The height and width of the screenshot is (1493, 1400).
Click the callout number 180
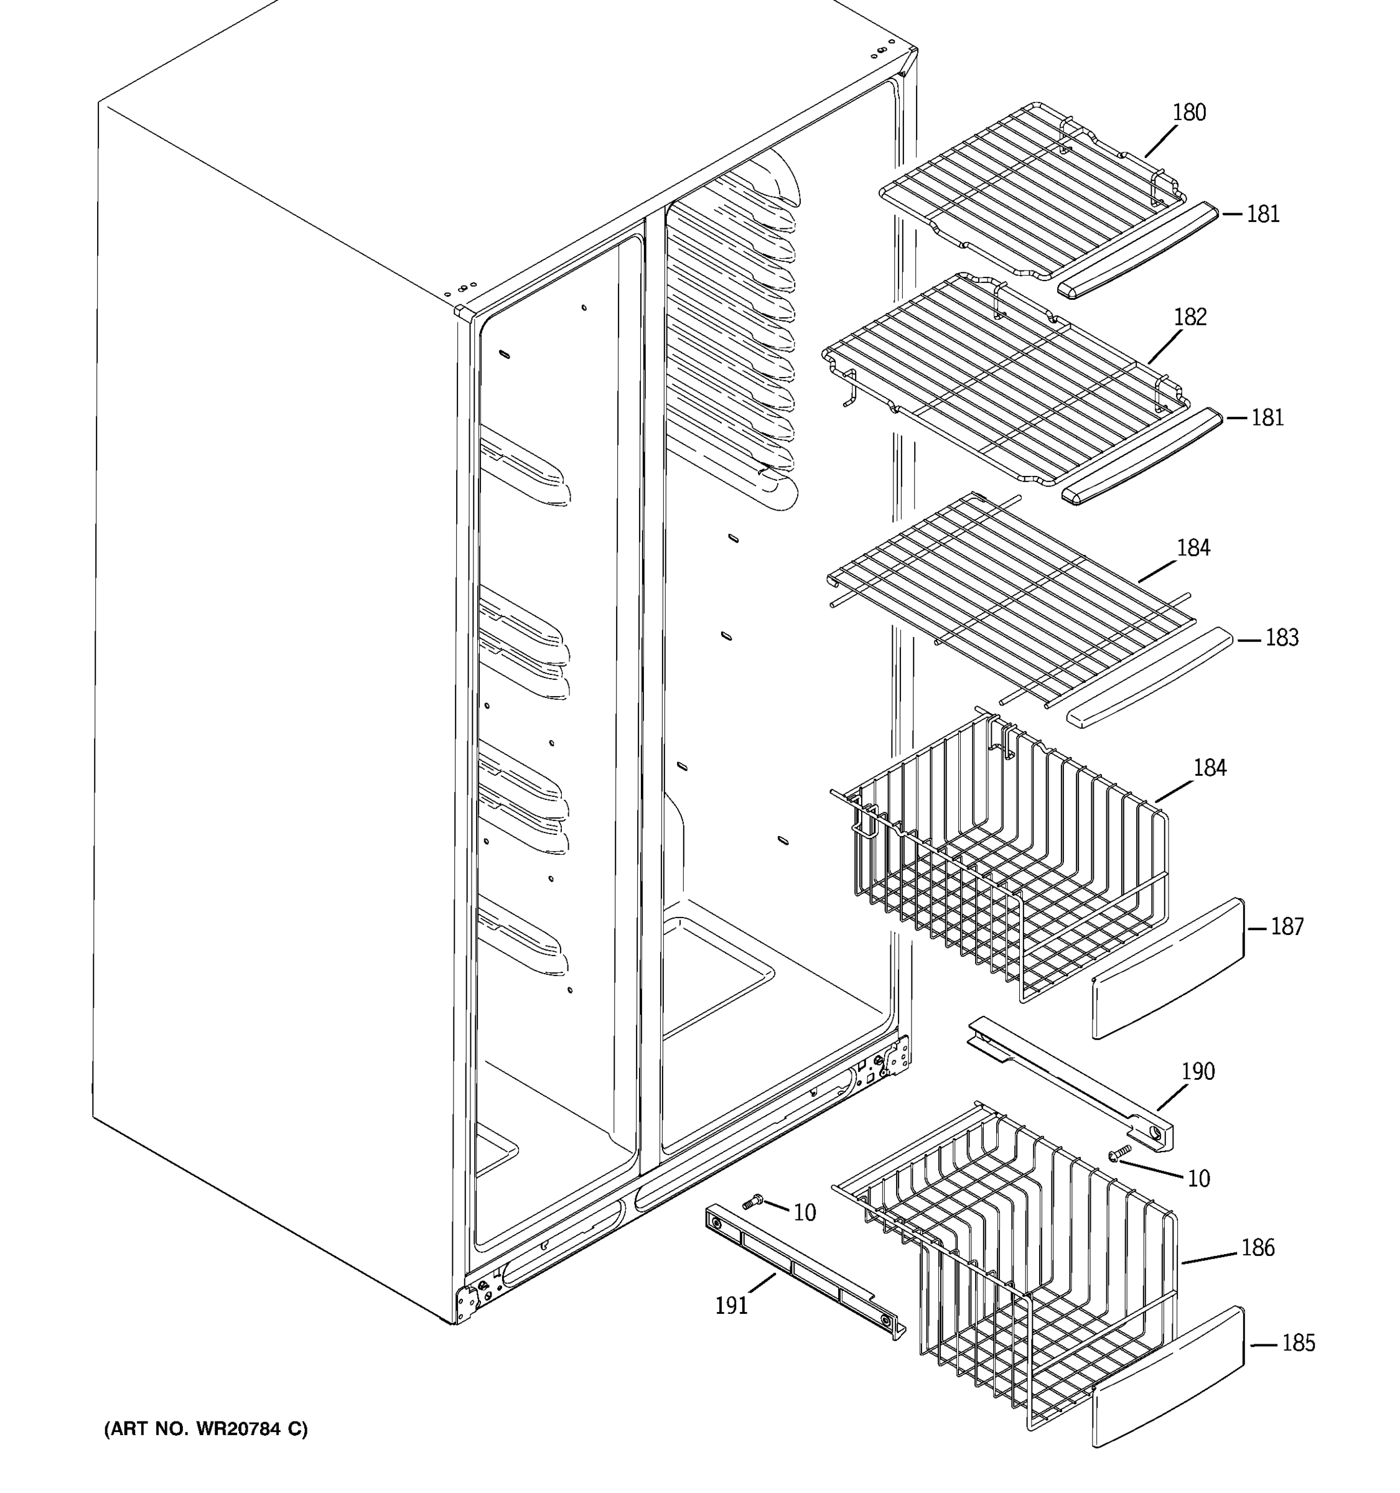pyautogui.click(x=1189, y=113)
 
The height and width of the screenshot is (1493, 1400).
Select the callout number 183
pyautogui.click(x=1281, y=638)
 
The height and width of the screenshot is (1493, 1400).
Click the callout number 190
pyautogui.click(x=1197, y=1072)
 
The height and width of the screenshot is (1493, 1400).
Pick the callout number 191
pyautogui.click(x=730, y=1306)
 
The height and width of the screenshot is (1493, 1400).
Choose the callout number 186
pyautogui.click(x=1258, y=1247)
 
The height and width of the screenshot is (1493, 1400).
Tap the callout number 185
pyautogui.click(x=1298, y=1343)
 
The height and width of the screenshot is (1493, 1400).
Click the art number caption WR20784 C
pyautogui.click(x=206, y=1428)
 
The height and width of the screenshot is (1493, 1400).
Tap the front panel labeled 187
pyautogui.click(x=1168, y=969)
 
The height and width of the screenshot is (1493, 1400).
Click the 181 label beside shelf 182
pyautogui.click(x=1267, y=417)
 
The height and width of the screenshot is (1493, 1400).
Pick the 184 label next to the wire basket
pyautogui.click(x=1209, y=768)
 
